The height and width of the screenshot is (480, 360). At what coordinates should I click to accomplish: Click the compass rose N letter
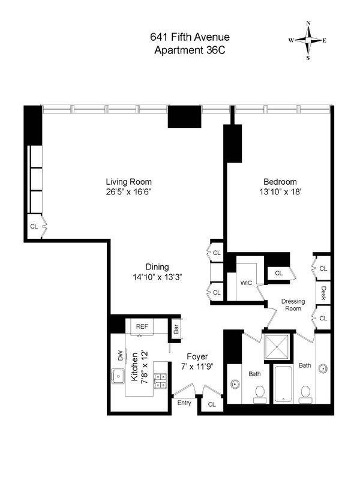point(308,23)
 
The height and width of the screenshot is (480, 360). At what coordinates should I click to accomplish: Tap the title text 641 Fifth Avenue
point(190,37)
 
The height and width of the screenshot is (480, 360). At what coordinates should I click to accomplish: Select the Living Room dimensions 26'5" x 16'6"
point(129,192)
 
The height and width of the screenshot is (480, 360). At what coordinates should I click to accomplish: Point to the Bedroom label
point(280,182)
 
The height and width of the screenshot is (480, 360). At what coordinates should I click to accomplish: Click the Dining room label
point(157,267)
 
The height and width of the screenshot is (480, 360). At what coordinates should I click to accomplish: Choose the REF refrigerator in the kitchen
point(142,327)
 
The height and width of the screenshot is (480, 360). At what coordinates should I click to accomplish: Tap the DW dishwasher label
point(121,355)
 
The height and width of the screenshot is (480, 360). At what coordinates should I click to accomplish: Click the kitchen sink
point(118,376)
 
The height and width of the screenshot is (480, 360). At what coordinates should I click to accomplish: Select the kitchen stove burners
point(160,381)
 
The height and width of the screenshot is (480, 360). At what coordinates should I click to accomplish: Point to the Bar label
point(176,329)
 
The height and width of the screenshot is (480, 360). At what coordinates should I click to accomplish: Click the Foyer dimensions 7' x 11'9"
point(197,367)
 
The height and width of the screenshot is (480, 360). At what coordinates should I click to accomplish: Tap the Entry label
point(184,403)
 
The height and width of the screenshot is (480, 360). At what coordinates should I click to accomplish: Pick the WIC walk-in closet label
point(246,283)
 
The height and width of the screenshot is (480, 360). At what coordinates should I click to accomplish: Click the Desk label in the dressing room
point(323,293)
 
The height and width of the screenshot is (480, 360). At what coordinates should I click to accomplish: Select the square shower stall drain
point(277,347)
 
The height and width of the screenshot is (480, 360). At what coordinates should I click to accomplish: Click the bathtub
point(283,384)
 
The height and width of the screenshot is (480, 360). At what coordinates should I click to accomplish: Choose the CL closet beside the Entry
point(212,404)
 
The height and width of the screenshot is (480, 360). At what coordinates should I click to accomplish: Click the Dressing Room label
point(293,305)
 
